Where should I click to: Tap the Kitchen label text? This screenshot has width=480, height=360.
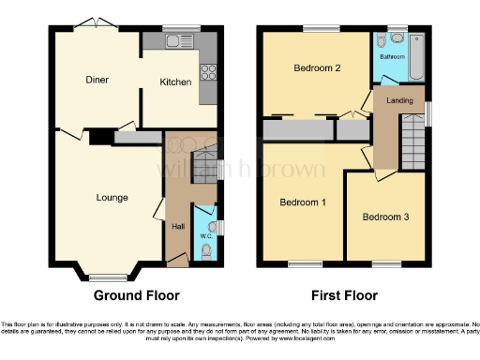(x=175, y=82)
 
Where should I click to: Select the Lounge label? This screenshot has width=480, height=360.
(x=112, y=197)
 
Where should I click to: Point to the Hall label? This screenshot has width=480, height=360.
(x=177, y=227)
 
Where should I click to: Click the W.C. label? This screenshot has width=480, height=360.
(x=207, y=236)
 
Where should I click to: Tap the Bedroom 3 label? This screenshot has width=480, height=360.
(x=384, y=217)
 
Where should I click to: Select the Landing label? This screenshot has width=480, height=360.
(x=398, y=101)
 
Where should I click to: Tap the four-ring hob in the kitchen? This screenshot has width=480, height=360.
(x=206, y=71)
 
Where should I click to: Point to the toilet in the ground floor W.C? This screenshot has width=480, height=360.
(x=207, y=251)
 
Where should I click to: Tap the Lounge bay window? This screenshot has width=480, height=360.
(x=102, y=275)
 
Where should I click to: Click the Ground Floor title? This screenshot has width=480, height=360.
(x=137, y=296)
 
